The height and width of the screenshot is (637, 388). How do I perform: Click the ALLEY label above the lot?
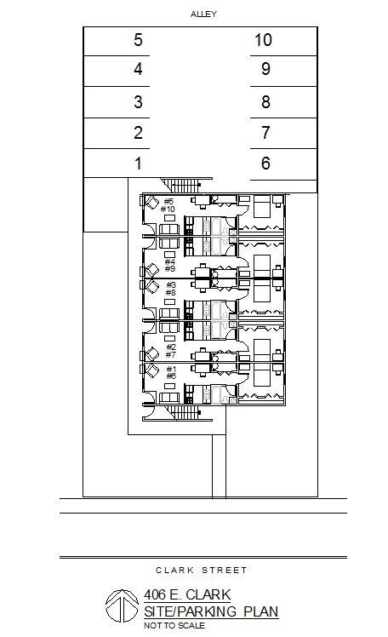[203, 14]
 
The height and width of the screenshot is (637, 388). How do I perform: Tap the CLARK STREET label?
[202, 570]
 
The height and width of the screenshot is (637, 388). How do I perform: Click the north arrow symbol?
[123, 605]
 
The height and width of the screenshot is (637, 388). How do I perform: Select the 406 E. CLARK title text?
[187, 595]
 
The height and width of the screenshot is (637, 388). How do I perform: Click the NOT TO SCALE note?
[174, 626]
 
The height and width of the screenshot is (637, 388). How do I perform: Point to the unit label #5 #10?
[168, 205]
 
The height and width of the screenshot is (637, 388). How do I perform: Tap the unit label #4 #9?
[169, 266]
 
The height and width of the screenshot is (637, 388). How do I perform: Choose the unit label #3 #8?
[170, 289]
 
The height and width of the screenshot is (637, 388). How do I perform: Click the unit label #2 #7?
[171, 351]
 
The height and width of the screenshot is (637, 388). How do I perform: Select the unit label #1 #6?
[171, 372]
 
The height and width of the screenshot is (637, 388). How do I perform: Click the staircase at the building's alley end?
[185, 186]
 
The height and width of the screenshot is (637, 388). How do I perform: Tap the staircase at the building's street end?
[185, 413]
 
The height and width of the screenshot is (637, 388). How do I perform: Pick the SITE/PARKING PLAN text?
[211, 611]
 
